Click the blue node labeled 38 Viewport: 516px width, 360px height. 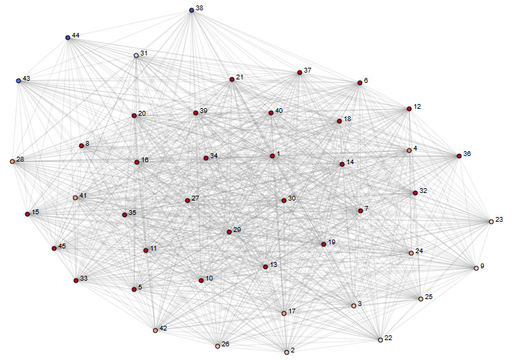pos(192,10)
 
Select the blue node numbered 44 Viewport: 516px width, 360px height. pos(68,38)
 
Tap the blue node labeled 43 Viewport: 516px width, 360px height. pos(19,81)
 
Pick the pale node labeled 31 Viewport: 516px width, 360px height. pos(136,55)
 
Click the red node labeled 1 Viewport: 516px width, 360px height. pos(272,156)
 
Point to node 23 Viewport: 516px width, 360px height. pos(491,222)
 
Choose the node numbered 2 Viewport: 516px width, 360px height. pos(287,352)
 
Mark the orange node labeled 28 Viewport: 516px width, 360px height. pos(12,162)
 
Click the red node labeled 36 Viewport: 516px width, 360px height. pos(459,156)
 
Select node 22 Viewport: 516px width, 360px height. pos(380,339)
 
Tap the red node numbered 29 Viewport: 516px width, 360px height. pos(229,232)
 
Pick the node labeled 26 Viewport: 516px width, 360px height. pos(218,346)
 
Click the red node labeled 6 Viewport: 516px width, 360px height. pos(359,83)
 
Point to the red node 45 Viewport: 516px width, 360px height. pos(54,248)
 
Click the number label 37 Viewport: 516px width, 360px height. pos(308,70)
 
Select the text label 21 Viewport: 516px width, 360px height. pos(240,77)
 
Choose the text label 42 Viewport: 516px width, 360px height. pos(164,328)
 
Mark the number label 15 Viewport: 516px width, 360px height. pos(36,212)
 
